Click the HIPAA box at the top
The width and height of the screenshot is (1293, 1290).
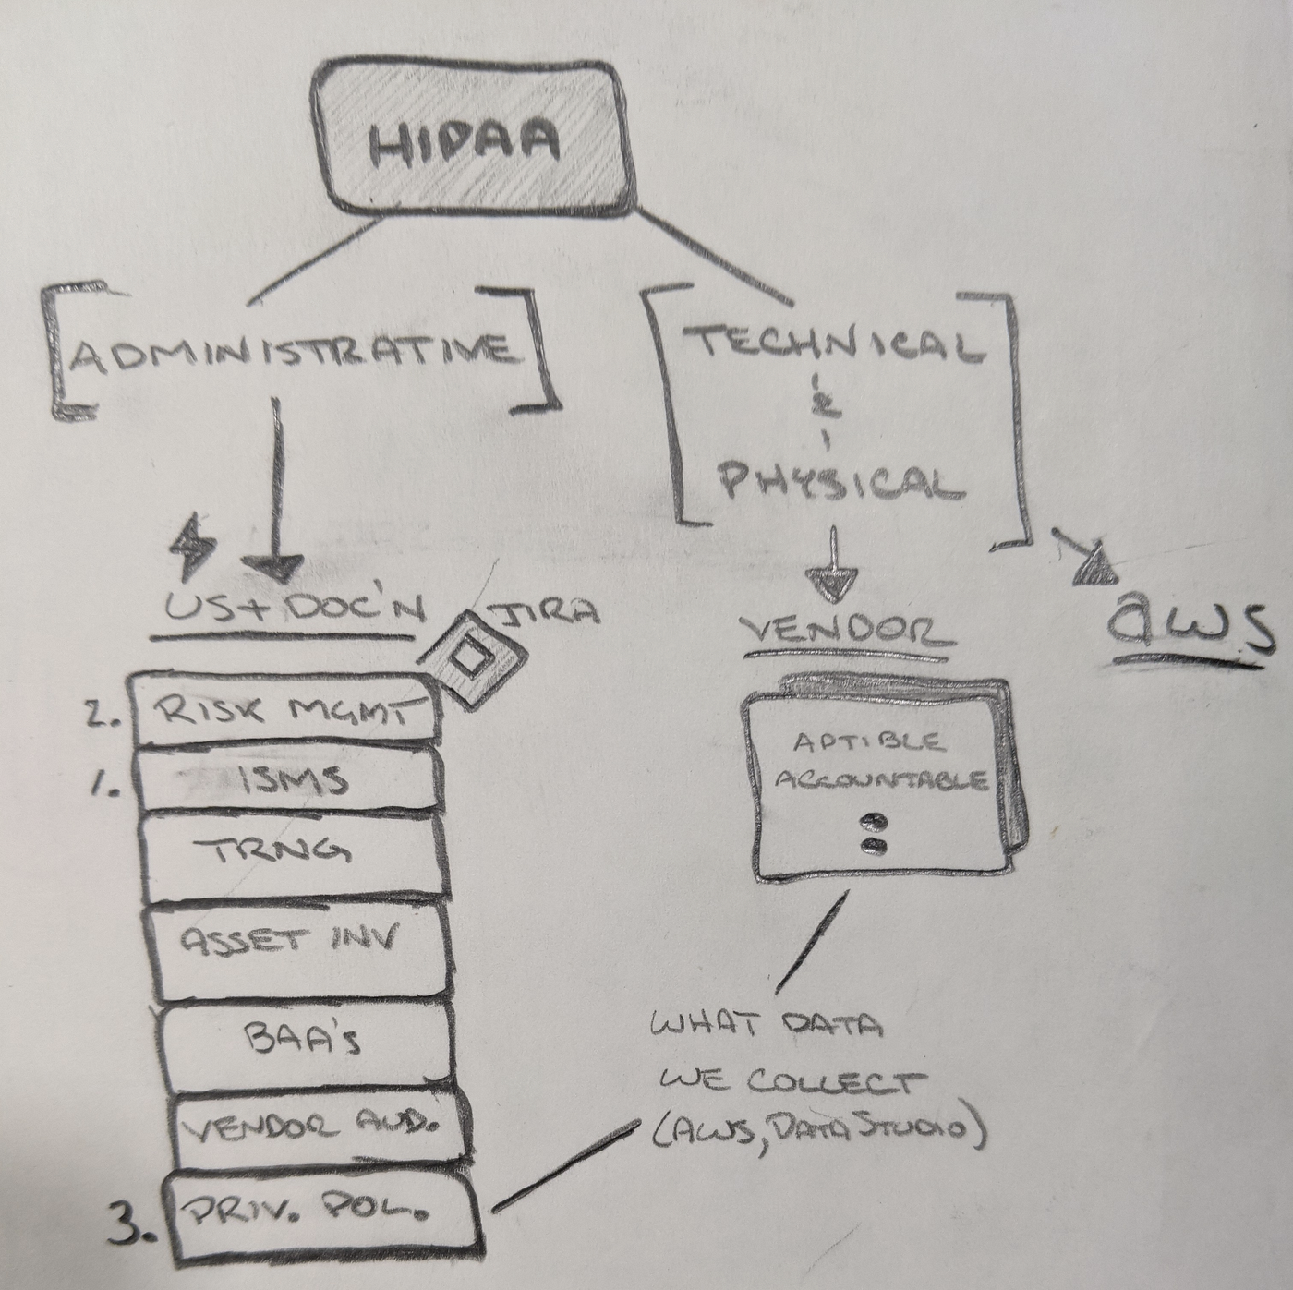pyautogui.click(x=465, y=139)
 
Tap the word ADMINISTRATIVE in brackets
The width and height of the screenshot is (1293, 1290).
pyautogui.click(x=292, y=352)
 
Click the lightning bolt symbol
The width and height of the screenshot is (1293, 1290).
pyautogui.click(x=193, y=545)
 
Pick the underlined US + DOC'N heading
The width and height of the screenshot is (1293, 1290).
pyautogui.click(x=294, y=609)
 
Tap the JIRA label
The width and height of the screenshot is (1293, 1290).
pyautogui.click(x=550, y=613)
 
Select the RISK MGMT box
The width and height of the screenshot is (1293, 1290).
pyautogui.click(x=284, y=711)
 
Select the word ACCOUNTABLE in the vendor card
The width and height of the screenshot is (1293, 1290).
pyautogui.click(x=880, y=780)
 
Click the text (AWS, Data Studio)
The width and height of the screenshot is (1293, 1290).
pyautogui.click(x=814, y=1129)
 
